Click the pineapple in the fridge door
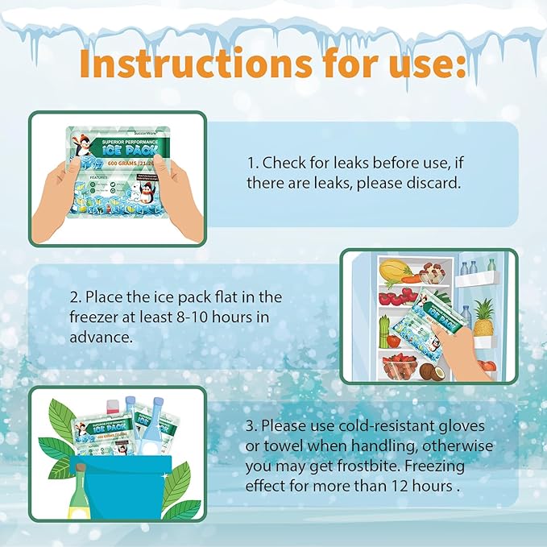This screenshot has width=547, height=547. click(483, 317)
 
